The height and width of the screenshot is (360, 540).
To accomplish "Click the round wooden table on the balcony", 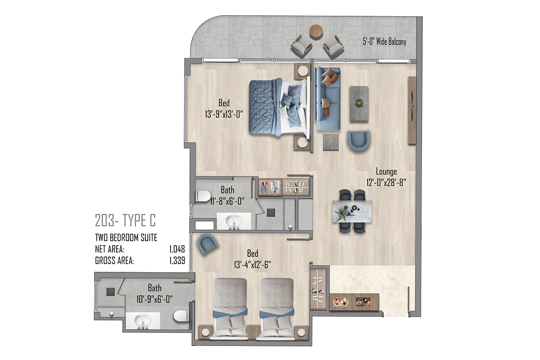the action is pyautogui.click(x=316, y=31).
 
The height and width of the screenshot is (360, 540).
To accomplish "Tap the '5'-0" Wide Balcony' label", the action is pyautogui.click(x=384, y=42).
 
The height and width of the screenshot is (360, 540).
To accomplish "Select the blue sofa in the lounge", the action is pyautogui.click(x=328, y=99).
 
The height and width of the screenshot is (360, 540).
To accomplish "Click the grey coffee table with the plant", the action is pyautogui.click(x=359, y=103).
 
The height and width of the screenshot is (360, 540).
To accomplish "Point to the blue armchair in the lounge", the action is pyautogui.click(x=359, y=140).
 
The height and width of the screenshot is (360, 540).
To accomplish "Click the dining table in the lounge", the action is pyautogui.click(x=352, y=211).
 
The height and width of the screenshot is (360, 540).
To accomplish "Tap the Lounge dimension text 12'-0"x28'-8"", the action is pyautogui.click(x=387, y=183).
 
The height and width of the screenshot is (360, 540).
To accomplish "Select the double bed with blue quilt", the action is pyautogui.click(x=279, y=107).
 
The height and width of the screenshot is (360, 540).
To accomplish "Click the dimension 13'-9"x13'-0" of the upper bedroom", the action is pyautogui.click(x=224, y=114).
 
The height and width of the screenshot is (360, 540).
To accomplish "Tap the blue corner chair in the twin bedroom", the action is pyautogui.click(x=207, y=244).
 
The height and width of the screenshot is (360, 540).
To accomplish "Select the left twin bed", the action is pyautogui.click(x=230, y=309).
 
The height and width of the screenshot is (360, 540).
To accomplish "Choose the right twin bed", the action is pyautogui.click(x=277, y=309).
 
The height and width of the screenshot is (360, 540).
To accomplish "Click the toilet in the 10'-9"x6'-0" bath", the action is pyautogui.click(x=181, y=315).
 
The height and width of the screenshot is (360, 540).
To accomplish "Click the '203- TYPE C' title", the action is pyautogui.click(x=126, y=220).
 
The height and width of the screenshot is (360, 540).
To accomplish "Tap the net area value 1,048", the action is pyautogui.click(x=177, y=249).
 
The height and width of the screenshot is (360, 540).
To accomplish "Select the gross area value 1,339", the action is pyautogui.click(x=177, y=261).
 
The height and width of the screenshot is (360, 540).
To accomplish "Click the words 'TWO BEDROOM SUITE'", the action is pyautogui.click(x=126, y=238).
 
